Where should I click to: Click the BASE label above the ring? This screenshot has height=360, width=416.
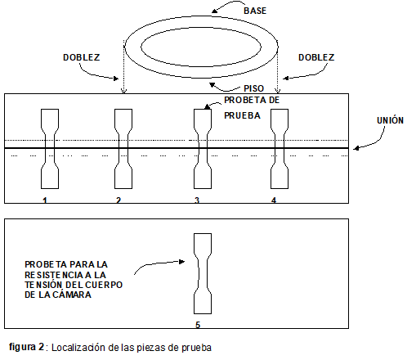point(255,11)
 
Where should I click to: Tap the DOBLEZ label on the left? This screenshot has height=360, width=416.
point(82,57)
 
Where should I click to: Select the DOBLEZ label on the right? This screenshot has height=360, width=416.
point(316,57)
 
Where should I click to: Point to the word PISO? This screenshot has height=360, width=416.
point(253,88)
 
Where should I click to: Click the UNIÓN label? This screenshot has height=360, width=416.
point(390,120)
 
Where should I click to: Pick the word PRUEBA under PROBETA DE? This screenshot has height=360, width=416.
point(242,115)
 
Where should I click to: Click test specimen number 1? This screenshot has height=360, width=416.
point(50,149)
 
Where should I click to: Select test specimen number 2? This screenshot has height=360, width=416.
point(123,149)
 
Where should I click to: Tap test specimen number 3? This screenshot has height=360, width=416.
point(203,149)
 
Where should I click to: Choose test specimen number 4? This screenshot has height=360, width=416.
point(280,149)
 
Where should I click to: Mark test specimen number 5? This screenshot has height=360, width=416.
point(203,273)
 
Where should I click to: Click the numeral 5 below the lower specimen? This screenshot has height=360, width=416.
point(198,325)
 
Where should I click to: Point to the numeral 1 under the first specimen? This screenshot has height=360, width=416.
point(45,200)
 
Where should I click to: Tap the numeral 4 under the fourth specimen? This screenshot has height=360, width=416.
point(274,200)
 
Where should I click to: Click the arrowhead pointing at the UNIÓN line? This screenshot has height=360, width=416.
point(356,148)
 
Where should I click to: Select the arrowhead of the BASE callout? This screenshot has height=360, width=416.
point(215,11)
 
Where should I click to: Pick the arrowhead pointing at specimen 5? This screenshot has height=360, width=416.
point(181,262)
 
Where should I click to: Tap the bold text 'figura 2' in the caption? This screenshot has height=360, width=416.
point(26,347)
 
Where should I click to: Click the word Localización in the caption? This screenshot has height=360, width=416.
point(78,348)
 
